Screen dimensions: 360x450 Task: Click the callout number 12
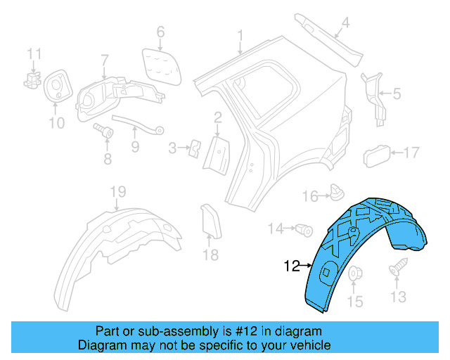(x=292, y=266)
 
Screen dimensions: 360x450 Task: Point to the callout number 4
(x=345, y=24)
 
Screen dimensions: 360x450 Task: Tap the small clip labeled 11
(x=33, y=79)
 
